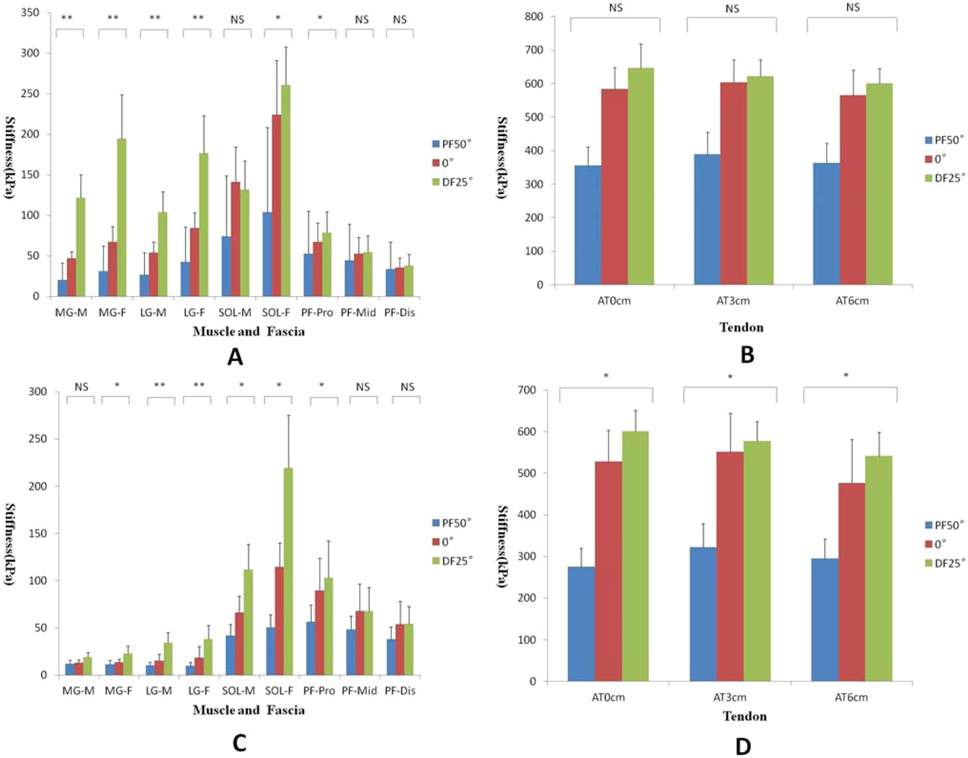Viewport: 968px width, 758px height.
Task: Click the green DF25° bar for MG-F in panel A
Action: tap(121, 218)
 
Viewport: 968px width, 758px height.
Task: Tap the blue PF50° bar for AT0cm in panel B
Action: tap(588, 225)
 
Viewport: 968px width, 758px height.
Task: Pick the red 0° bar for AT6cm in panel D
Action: tap(851, 583)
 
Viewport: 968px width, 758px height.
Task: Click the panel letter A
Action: tap(235, 357)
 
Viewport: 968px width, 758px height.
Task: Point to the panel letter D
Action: tap(743, 746)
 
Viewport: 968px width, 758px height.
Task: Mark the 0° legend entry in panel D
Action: tap(940, 544)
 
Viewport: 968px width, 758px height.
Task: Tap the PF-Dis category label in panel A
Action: tap(400, 313)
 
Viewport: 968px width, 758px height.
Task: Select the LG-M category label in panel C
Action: tap(159, 691)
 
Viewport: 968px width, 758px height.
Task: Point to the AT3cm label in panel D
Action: tap(730, 698)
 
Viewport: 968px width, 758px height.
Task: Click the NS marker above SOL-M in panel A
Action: tap(237, 19)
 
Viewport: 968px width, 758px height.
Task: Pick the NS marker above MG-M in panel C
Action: tap(81, 387)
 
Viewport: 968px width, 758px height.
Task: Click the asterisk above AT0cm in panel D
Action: tap(606, 376)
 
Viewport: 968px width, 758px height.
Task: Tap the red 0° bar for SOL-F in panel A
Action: tap(277, 206)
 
